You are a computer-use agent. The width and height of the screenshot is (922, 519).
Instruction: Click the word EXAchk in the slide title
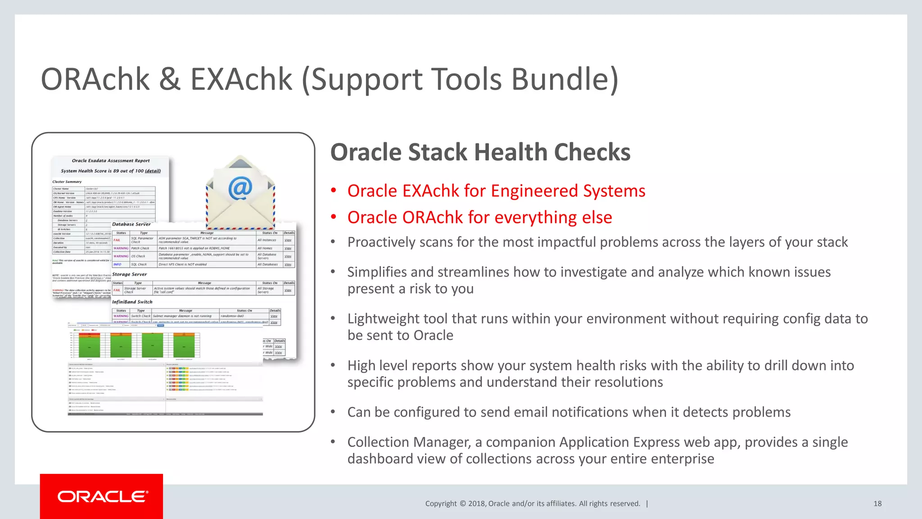tap(241, 79)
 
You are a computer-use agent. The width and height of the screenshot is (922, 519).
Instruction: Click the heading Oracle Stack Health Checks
tap(480, 152)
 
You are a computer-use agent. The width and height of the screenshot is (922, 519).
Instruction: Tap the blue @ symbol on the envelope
tap(240, 188)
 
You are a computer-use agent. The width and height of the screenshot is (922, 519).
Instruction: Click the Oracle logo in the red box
tap(102, 496)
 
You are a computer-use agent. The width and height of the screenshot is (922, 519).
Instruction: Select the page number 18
tap(877, 504)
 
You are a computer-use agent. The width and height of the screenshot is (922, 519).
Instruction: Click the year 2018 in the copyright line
tap(476, 504)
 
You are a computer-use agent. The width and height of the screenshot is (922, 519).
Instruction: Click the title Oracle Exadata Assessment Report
tap(111, 161)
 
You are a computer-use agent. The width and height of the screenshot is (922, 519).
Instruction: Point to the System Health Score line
tap(110, 171)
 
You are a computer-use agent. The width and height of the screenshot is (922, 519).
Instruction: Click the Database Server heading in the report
tap(131, 224)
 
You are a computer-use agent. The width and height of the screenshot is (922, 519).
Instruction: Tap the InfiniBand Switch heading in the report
tap(132, 302)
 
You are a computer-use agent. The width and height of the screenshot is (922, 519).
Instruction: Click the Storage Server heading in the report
tap(129, 274)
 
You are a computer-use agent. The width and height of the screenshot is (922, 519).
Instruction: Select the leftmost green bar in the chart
tap(89, 346)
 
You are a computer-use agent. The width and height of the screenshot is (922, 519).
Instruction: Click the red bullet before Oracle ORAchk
tap(334, 217)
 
